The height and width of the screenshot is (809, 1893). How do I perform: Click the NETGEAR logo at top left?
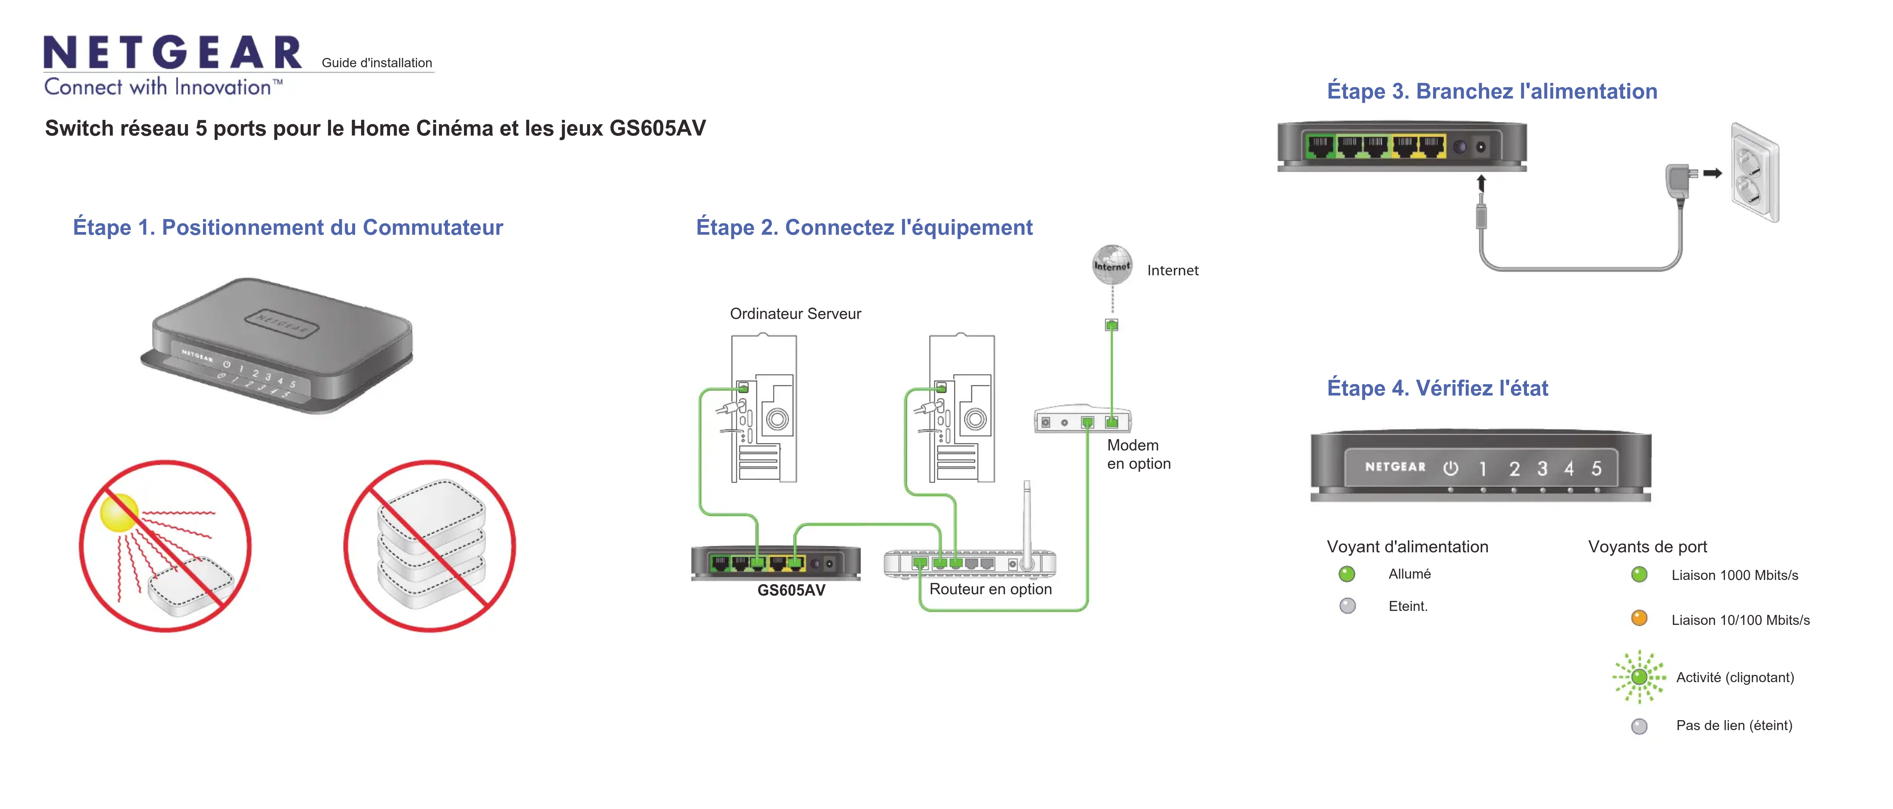[x=173, y=53]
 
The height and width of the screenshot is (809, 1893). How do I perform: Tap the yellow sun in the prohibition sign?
[x=119, y=512]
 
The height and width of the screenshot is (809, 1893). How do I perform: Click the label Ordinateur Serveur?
[x=795, y=314]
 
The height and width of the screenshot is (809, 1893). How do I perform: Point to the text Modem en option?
[x=1138, y=454]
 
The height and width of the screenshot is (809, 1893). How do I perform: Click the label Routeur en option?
[x=990, y=589]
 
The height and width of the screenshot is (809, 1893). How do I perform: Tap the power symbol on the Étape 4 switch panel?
[x=1451, y=468]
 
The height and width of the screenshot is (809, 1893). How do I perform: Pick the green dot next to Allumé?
[x=1346, y=574]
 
